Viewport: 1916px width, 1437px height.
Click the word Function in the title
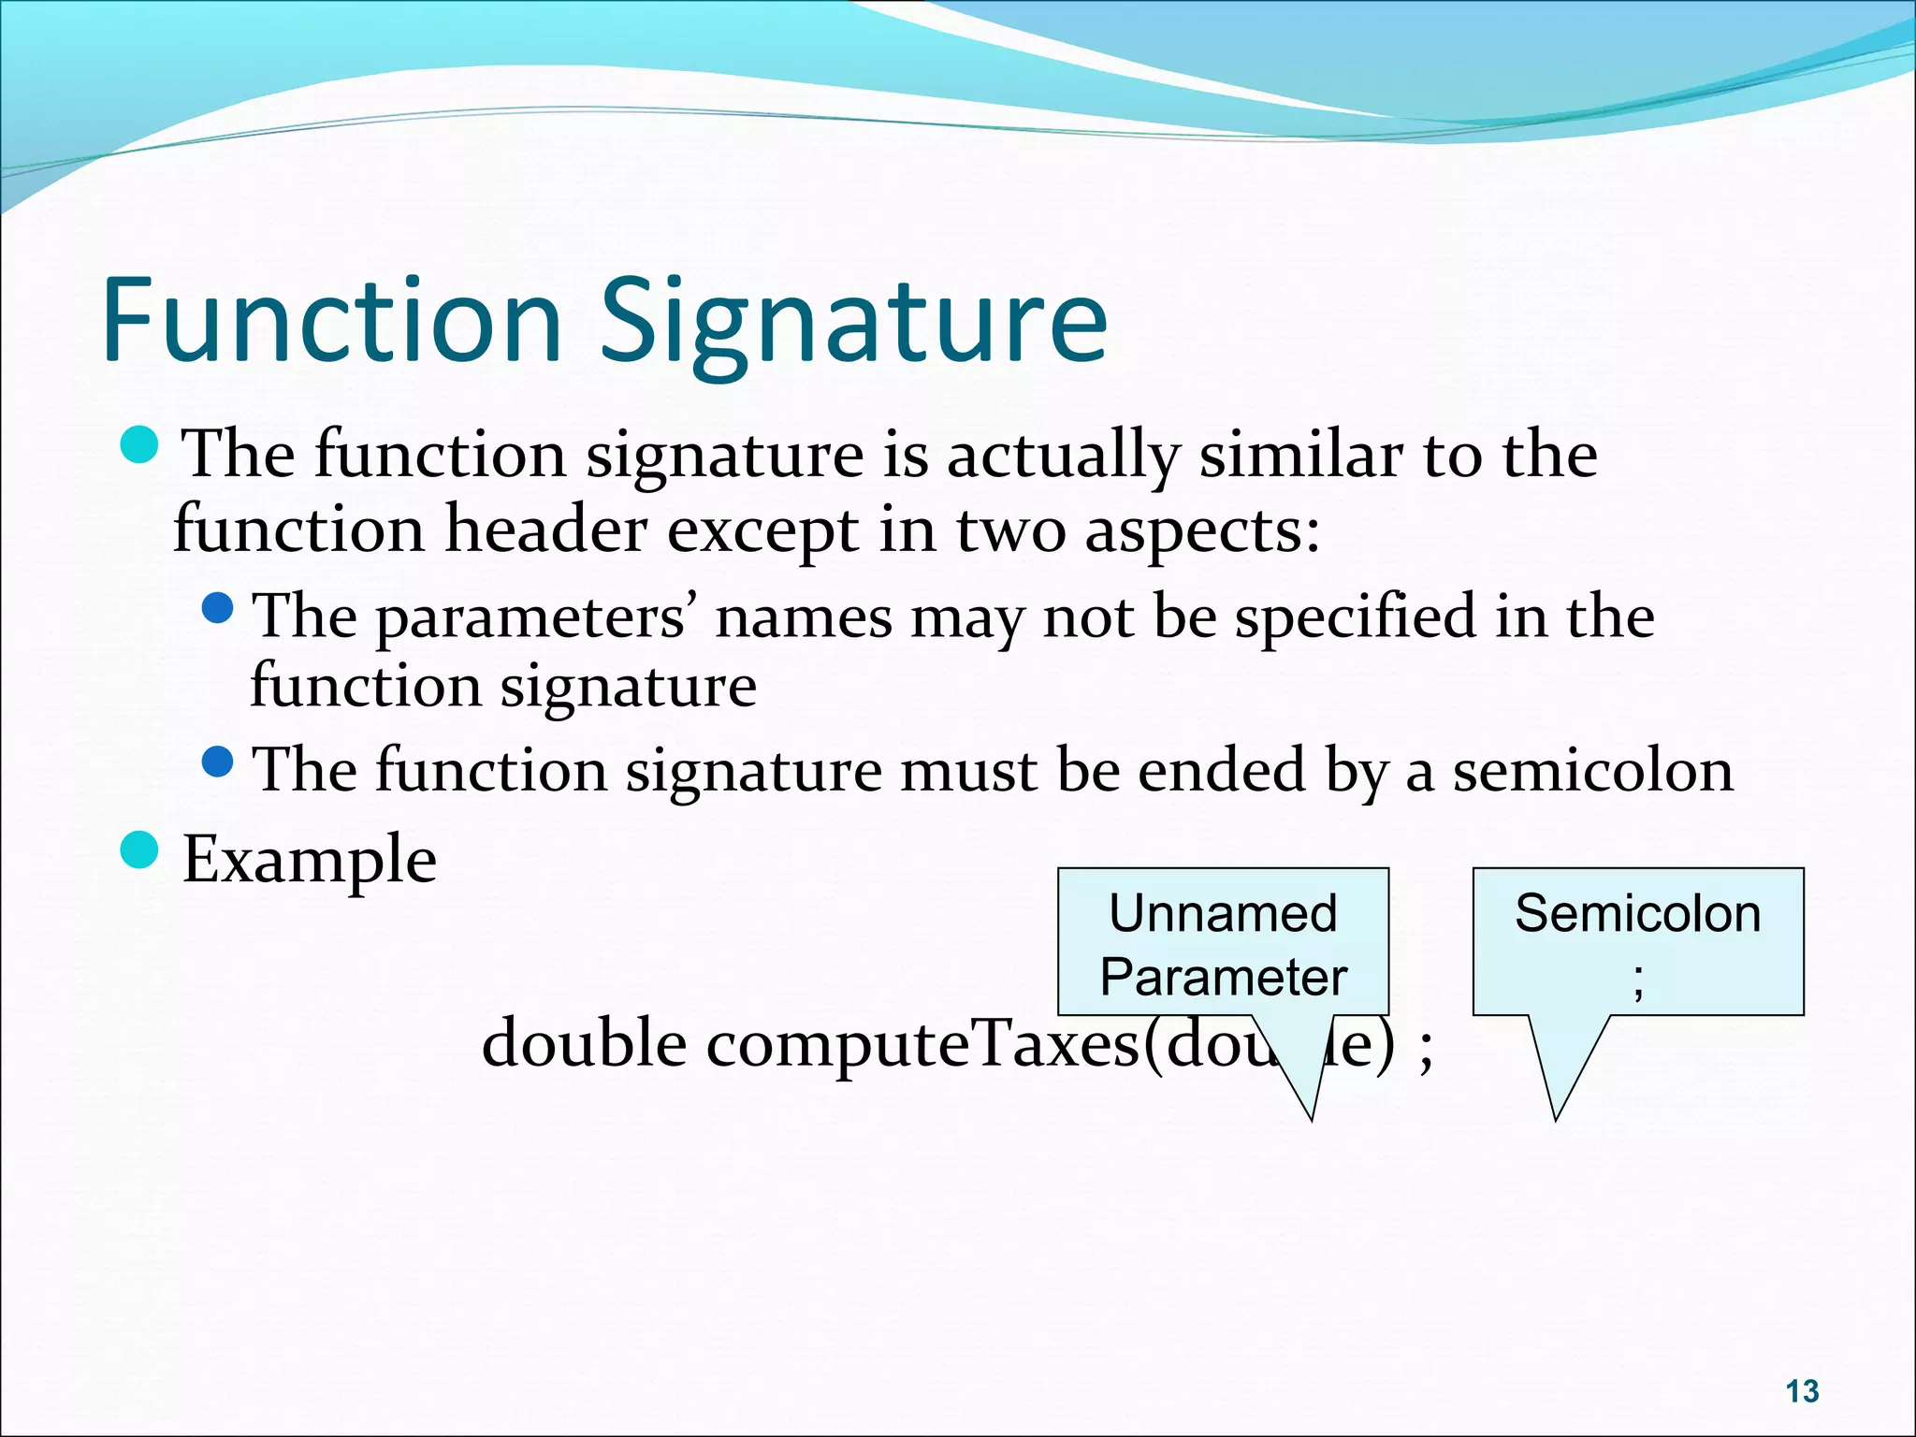click(x=332, y=320)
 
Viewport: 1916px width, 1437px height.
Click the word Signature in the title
click(x=853, y=323)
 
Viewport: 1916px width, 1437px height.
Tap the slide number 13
click(x=1802, y=1391)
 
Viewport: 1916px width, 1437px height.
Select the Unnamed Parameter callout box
click(x=1223, y=942)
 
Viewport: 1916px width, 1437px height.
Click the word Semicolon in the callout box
click(x=1637, y=914)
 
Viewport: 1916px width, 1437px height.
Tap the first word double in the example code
click(x=584, y=1043)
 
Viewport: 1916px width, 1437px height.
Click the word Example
click(x=309, y=860)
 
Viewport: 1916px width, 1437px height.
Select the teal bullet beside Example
click(x=141, y=850)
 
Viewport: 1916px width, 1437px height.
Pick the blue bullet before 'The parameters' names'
click(x=218, y=609)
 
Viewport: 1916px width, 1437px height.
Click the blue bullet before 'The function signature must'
click(x=218, y=762)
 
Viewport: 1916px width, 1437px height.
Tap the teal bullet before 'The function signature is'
click(x=141, y=445)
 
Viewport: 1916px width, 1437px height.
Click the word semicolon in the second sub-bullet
click(x=1592, y=772)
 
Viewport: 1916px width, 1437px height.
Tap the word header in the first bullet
click(x=544, y=530)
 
